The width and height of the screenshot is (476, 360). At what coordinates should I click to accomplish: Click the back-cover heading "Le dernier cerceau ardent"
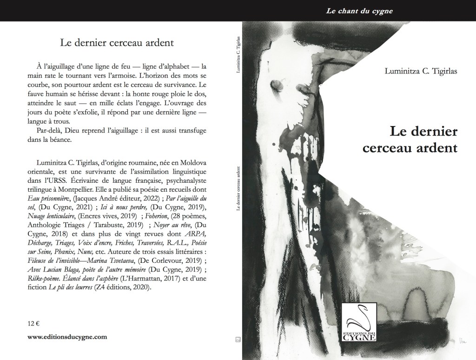coord(117,44)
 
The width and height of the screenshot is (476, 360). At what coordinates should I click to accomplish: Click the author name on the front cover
coord(417,70)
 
